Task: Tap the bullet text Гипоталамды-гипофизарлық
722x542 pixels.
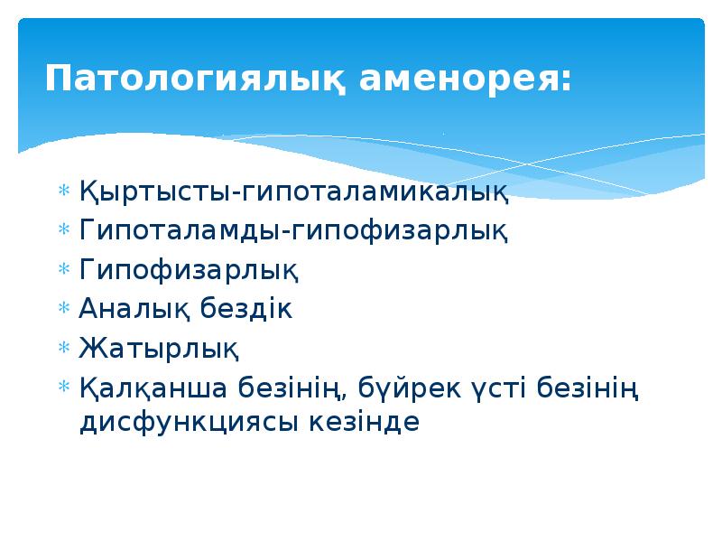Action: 293,230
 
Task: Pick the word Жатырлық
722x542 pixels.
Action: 159,347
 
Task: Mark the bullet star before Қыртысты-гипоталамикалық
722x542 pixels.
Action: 63,192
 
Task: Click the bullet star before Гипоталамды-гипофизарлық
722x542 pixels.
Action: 63,230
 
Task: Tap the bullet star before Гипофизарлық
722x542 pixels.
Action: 63,269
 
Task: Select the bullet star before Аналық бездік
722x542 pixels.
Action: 63,308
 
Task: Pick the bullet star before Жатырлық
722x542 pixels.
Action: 63,347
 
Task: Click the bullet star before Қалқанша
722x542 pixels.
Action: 63,388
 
